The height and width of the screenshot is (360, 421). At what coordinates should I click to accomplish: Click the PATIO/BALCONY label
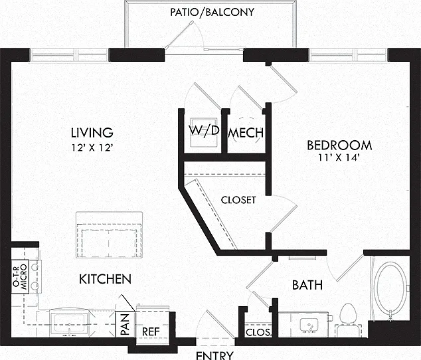tap(212, 12)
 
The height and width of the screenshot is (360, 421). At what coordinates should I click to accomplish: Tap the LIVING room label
tap(92, 133)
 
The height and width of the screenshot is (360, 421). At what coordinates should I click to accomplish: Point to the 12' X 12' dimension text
tap(92, 147)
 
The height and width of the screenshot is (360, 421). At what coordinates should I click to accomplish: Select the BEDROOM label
tap(339, 145)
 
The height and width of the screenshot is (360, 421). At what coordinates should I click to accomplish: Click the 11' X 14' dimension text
tap(339, 157)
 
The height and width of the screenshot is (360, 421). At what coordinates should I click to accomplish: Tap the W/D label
tap(204, 131)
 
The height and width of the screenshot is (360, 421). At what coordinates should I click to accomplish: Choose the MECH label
tap(246, 133)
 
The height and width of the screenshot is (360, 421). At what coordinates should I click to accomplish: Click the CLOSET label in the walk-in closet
tap(238, 200)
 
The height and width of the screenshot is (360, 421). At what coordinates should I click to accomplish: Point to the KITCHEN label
tap(105, 280)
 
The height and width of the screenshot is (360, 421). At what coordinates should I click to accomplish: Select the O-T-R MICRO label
tap(21, 277)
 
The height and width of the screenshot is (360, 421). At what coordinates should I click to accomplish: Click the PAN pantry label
tap(125, 325)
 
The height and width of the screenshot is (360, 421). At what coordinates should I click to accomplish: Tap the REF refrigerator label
tap(151, 332)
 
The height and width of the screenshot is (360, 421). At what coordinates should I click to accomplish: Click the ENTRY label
tap(214, 355)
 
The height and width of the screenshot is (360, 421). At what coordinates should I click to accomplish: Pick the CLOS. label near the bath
tap(258, 332)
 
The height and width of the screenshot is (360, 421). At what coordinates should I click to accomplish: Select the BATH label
tap(307, 285)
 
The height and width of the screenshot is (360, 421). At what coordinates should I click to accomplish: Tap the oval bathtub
tap(391, 288)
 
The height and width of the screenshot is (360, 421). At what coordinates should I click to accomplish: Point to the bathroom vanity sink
tap(309, 325)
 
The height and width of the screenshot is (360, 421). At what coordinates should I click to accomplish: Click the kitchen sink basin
tap(69, 322)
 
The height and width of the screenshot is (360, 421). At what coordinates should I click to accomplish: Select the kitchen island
tap(109, 235)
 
